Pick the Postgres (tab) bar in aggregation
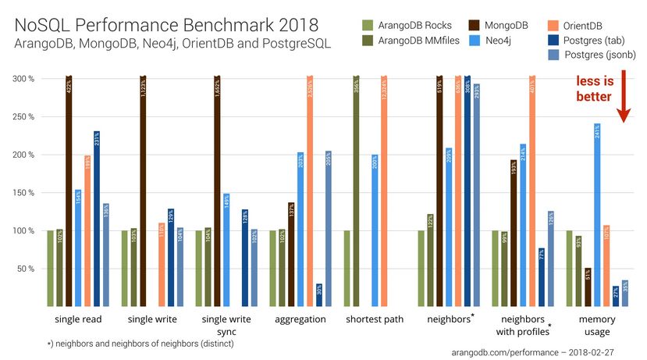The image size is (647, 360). click(319, 294)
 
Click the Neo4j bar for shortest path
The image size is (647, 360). click(375, 230)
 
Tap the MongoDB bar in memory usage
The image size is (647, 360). click(588, 287)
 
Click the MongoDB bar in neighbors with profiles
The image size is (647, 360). click(513, 233)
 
